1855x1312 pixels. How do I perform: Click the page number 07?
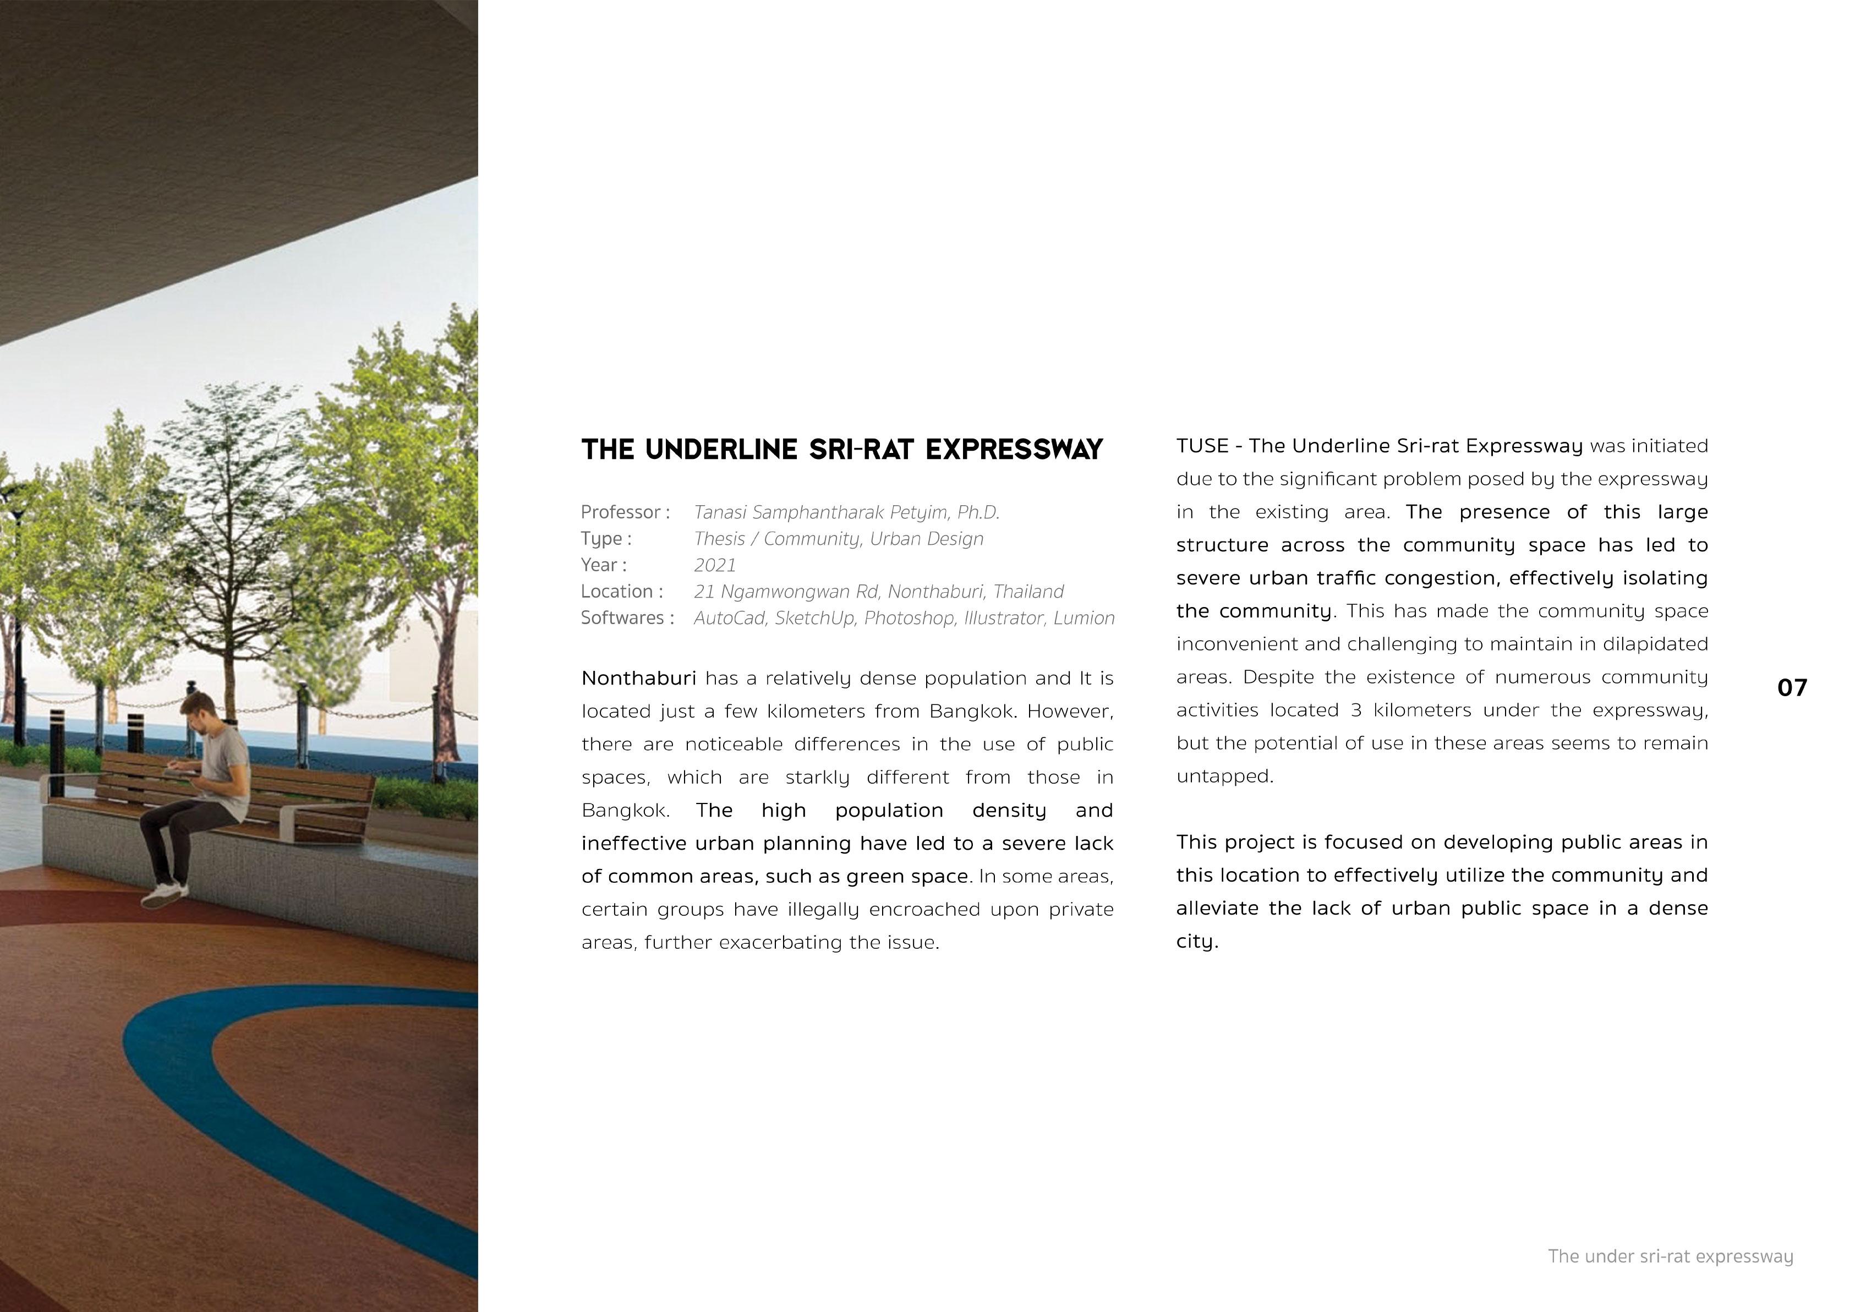click(1792, 687)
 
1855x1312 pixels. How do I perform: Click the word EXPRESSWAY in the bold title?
click(1014, 449)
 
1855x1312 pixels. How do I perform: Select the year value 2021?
click(715, 565)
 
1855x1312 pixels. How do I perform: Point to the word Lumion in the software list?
click(1084, 618)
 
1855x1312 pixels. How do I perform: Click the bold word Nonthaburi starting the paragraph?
click(638, 678)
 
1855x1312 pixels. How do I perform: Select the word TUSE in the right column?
click(1202, 446)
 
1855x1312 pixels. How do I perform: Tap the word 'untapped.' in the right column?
click(1225, 777)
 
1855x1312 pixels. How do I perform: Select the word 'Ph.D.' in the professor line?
click(978, 512)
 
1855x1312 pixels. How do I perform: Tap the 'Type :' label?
click(606, 539)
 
